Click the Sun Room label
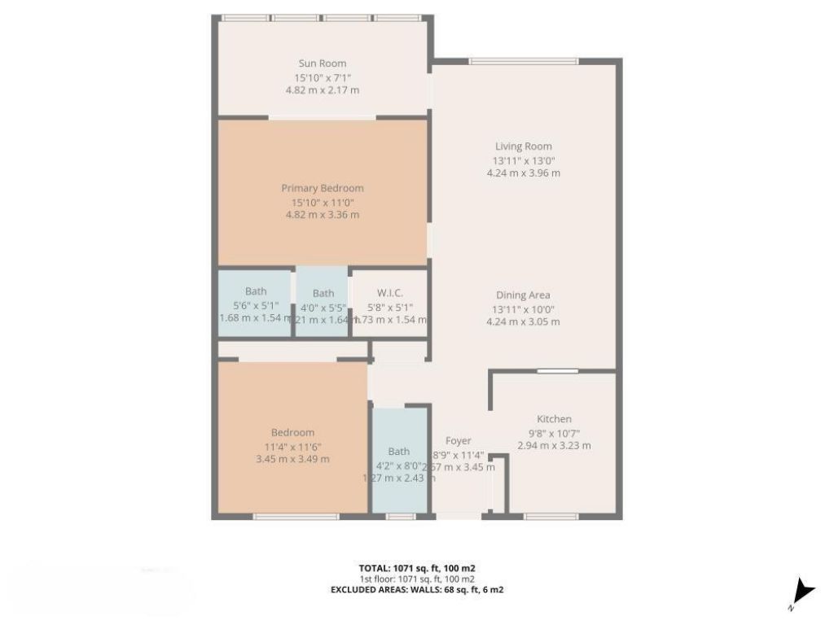[x=323, y=63]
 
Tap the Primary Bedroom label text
[x=323, y=188]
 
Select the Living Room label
[x=524, y=146]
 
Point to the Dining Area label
[x=524, y=295]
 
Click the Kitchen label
[x=554, y=419]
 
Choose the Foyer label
[x=459, y=441]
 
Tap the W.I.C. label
[x=390, y=293]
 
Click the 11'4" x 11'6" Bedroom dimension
[x=292, y=446]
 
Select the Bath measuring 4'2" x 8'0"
[x=399, y=452]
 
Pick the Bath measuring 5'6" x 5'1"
[x=256, y=291]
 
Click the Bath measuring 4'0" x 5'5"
[x=323, y=293]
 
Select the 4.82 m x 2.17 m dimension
[x=323, y=90]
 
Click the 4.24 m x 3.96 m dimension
[x=524, y=173]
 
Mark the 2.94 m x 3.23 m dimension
[x=554, y=446]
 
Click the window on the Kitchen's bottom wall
[x=551, y=516]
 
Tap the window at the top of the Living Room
[x=524, y=61]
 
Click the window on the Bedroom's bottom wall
[x=296, y=516]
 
